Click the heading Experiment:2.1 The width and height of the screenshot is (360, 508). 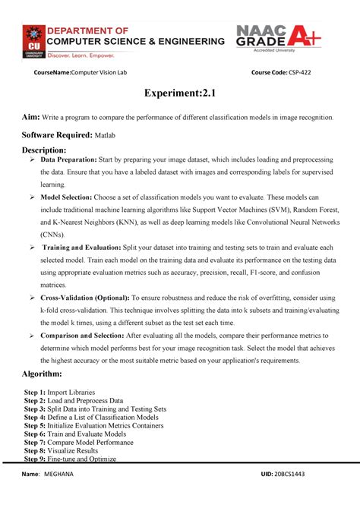click(179, 93)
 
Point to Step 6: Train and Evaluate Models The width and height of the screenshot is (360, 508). click(84, 434)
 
